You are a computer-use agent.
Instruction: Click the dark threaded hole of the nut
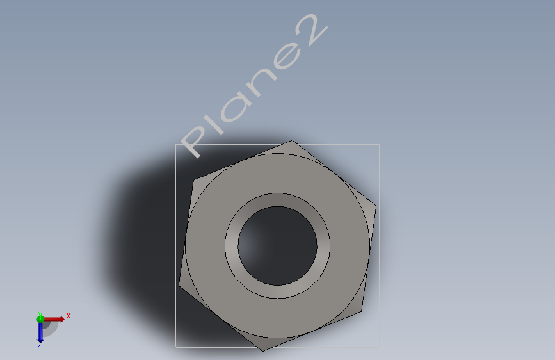[x=278, y=246]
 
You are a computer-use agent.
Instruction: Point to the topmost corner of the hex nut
[x=292, y=140]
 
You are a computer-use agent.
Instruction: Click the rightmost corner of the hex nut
[x=376, y=206]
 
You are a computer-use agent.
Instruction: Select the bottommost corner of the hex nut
[x=262, y=351]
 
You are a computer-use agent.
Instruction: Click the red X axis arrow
[x=53, y=319]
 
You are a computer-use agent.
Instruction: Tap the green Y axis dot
[x=40, y=319]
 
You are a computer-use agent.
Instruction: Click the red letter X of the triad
[x=68, y=316]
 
